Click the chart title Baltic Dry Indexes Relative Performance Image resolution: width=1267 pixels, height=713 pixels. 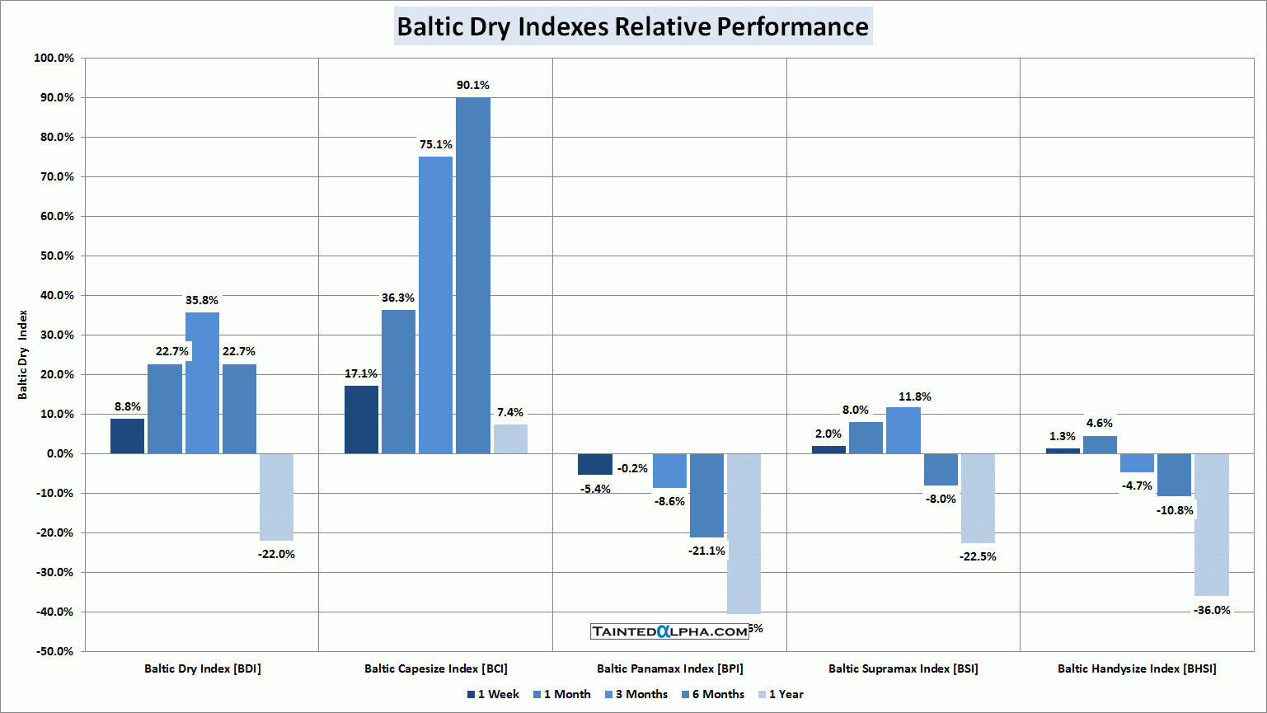pyautogui.click(x=632, y=26)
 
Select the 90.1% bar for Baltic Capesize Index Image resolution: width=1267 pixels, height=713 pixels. pyautogui.click(x=473, y=275)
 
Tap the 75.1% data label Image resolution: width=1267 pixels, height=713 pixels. pyautogui.click(x=435, y=144)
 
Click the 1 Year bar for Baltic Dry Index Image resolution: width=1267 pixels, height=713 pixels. pyautogui.click(x=276, y=497)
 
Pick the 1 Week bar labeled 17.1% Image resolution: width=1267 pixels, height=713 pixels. pyautogui.click(x=361, y=420)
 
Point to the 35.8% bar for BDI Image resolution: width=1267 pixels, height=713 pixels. pyautogui.click(x=202, y=382)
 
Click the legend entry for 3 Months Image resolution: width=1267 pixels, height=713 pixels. pyautogui.click(x=636, y=694)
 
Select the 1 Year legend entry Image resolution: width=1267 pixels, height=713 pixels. pyautogui.click(x=781, y=694)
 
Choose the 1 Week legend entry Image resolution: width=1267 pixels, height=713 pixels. pyautogui.click(x=493, y=694)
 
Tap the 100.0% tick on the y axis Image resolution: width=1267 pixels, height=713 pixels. pyautogui.click(x=54, y=58)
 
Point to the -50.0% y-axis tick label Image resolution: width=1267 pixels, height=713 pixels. pyautogui.click(x=54, y=651)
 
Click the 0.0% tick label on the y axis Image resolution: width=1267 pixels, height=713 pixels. pyautogui.click(x=59, y=453)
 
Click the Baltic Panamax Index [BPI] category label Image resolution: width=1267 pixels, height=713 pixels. pyautogui.click(x=669, y=668)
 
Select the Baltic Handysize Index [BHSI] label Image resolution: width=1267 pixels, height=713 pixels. pyautogui.click(x=1137, y=668)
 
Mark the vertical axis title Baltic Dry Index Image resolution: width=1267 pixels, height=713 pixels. pyautogui.click(x=23, y=354)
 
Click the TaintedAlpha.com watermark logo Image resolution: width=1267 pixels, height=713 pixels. pyautogui.click(x=669, y=631)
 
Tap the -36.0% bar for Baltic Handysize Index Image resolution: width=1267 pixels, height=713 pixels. pyautogui.click(x=1212, y=524)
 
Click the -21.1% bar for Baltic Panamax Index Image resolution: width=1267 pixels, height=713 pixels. pyautogui.click(x=706, y=495)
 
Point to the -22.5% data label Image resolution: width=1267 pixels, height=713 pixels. pyautogui.click(x=978, y=556)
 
